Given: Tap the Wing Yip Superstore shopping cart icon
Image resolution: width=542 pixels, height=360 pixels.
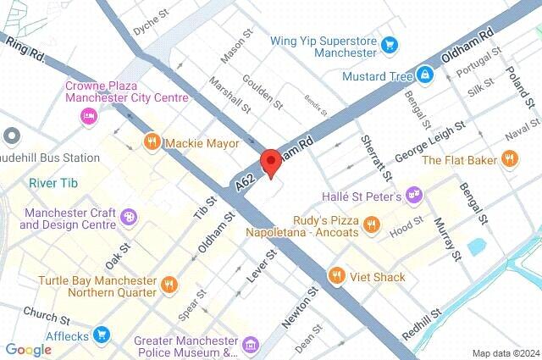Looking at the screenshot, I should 389,44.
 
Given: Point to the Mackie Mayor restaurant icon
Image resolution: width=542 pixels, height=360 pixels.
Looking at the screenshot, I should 152,142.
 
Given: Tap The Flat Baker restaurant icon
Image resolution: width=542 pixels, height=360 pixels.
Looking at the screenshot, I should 509,158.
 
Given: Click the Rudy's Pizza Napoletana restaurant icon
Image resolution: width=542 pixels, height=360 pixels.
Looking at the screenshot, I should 370,224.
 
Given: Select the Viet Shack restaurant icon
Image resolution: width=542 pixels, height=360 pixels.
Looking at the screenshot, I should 336,276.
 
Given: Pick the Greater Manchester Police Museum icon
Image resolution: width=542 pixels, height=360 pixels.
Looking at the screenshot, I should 250,346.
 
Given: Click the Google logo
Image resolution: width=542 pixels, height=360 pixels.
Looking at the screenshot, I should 28,349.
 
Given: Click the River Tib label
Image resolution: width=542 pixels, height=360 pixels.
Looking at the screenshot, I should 53,183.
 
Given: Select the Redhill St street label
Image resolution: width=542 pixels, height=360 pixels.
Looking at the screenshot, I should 421,324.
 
